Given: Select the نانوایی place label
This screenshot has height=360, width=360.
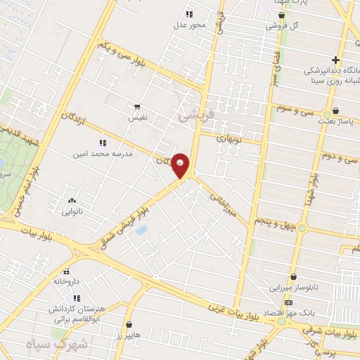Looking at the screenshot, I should [x=72, y=211].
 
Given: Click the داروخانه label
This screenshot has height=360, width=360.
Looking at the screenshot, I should [x=67, y=281].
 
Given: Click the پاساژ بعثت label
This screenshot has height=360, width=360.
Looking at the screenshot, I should [x=335, y=122].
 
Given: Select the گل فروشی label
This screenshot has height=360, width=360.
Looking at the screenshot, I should [x=281, y=26].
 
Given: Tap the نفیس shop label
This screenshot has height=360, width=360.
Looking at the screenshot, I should [x=137, y=118].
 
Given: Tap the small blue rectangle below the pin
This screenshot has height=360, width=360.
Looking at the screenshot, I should [x=142, y=231].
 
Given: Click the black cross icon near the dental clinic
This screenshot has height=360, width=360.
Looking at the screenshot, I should [x=335, y=60].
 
